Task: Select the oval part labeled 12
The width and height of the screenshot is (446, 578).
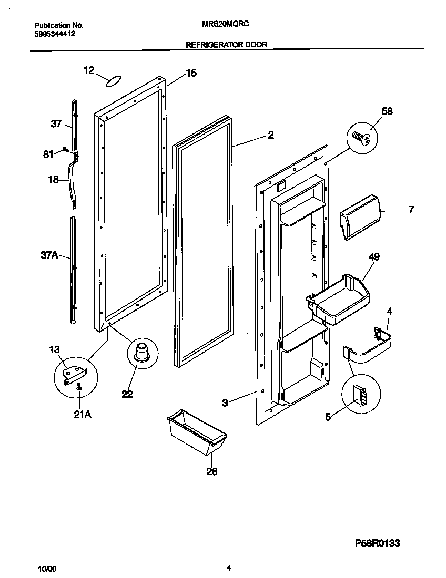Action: click(113, 81)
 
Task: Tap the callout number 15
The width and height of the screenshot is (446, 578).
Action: click(191, 74)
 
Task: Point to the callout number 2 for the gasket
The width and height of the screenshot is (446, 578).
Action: click(270, 135)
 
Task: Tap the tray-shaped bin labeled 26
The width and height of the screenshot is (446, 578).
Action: click(197, 432)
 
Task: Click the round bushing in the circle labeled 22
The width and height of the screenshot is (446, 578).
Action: click(143, 352)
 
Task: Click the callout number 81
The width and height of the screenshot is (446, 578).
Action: click(48, 154)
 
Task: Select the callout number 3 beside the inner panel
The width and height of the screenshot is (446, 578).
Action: click(225, 403)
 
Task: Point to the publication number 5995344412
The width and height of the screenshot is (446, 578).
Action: click(55, 33)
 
